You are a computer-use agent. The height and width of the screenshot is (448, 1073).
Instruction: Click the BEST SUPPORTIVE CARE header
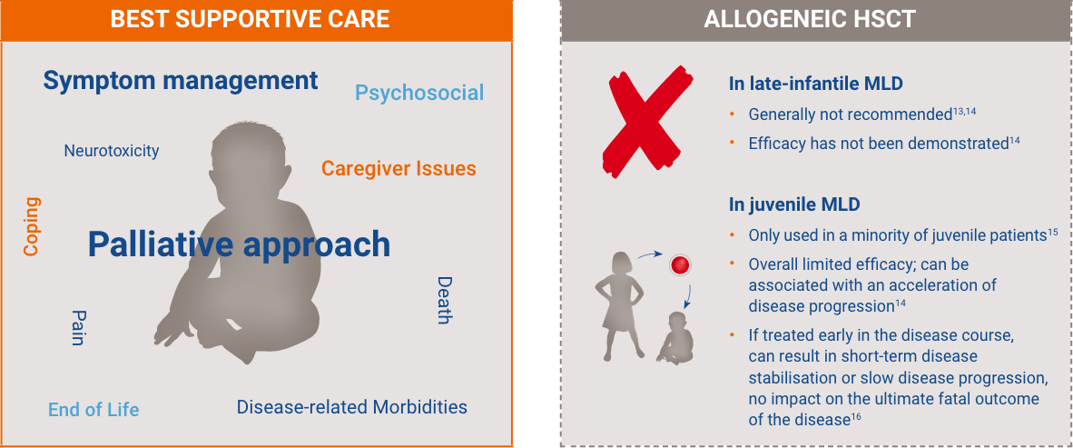tap(250, 19)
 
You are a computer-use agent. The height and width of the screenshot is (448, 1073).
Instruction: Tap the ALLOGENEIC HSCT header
tap(810, 19)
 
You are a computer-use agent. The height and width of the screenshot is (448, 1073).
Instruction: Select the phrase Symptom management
tap(181, 81)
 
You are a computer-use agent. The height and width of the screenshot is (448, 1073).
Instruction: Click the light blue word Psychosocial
tap(419, 93)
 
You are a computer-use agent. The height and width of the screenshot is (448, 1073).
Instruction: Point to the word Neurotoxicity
tap(112, 151)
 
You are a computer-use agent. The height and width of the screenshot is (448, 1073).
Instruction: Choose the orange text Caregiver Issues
tap(399, 168)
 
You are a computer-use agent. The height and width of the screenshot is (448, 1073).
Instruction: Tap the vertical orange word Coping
tap(32, 227)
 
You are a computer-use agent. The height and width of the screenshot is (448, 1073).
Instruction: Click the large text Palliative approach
tap(240, 244)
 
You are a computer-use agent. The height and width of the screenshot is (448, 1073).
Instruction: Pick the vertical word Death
tap(445, 300)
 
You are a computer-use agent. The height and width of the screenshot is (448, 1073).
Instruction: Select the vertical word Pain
tap(77, 328)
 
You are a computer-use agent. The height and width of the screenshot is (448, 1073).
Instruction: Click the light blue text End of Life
tap(94, 410)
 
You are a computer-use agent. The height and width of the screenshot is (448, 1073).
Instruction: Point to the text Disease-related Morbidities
tap(351, 407)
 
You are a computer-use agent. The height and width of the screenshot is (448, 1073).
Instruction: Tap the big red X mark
tap(647, 121)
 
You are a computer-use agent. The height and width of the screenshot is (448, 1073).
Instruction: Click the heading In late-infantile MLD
tap(816, 84)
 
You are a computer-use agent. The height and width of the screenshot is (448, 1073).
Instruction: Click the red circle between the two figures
tap(680, 265)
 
